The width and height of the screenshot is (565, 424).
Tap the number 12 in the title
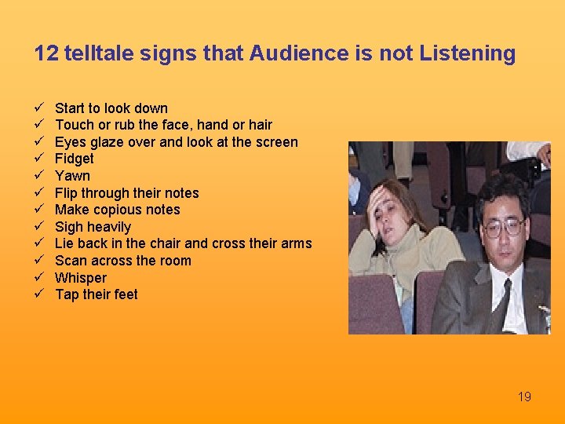46,53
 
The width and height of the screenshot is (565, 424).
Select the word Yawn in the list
72,176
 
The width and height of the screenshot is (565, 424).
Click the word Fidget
74,159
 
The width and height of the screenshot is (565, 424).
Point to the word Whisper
80,278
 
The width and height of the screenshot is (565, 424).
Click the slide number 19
524,397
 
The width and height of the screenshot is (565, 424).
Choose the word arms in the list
297,243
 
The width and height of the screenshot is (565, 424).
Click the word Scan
69,261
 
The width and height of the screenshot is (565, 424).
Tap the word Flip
66,193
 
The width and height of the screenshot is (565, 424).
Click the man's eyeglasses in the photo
503,228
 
